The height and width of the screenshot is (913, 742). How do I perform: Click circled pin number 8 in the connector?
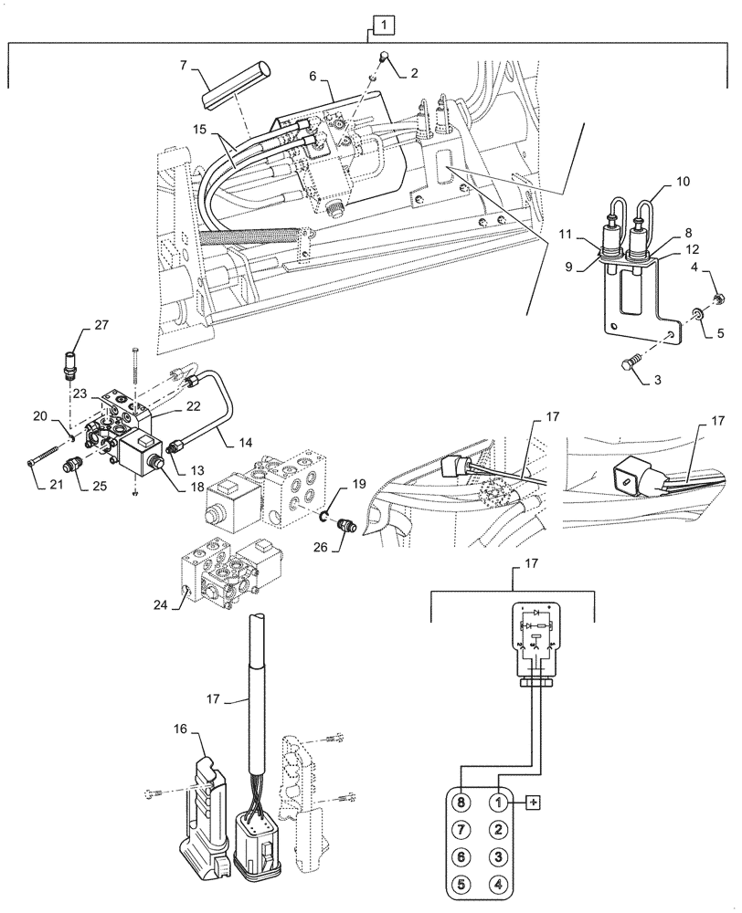(464, 803)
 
